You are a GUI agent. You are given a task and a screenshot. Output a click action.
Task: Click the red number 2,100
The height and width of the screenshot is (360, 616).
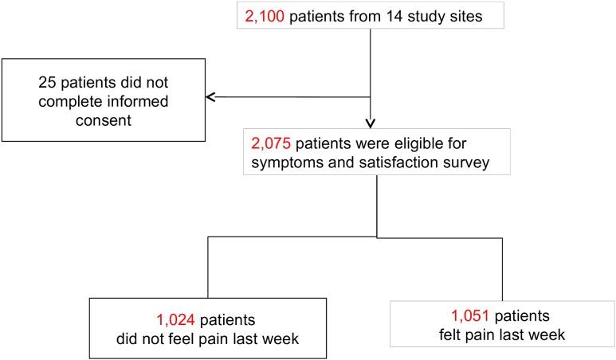(265, 16)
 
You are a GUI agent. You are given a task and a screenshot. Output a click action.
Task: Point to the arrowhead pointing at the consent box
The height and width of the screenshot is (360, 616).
(210, 97)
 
